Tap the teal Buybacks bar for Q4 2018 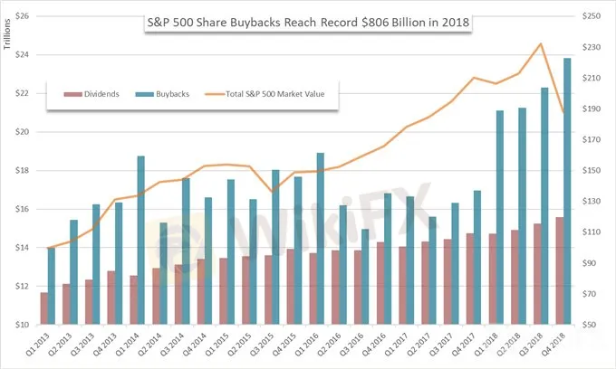point(567,191)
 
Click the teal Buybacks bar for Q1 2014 point(140,240)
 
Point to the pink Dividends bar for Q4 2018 point(559,270)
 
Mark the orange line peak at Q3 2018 point(541,43)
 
